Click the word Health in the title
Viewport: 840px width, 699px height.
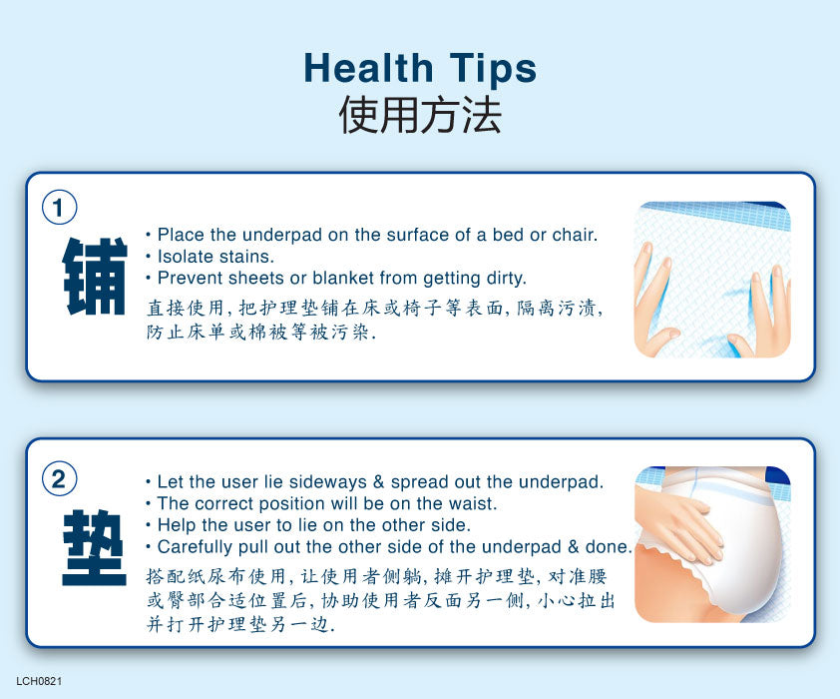pyautogui.click(x=368, y=68)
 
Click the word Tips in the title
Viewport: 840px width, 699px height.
pyautogui.click(x=493, y=70)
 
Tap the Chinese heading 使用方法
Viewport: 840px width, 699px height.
pyautogui.click(x=420, y=115)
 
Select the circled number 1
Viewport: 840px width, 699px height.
pyautogui.click(x=59, y=208)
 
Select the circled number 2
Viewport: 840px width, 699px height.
pyautogui.click(x=59, y=478)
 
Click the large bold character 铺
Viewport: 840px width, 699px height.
pyautogui.click(x=95, y=276)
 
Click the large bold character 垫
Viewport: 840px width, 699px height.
pyautogui.click(x=95, y=547)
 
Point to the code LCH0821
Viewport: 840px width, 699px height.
pyautogui.click(x=39, y=681)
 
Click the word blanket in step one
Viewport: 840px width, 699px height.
pyautogui.click(x=343, y=279)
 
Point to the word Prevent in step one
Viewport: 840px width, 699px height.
pyautogui.click(x=191, y=279)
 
